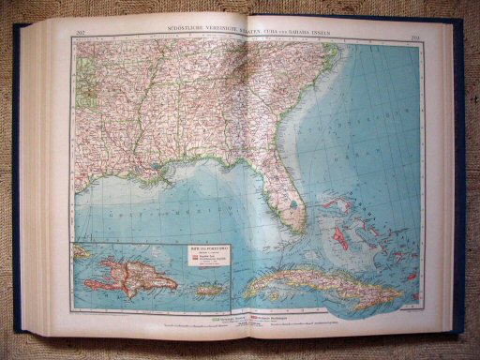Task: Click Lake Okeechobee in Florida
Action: [x=293, y=203]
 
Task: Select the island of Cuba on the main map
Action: [x=309, y=281]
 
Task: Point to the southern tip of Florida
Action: [x=298, y=231]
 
